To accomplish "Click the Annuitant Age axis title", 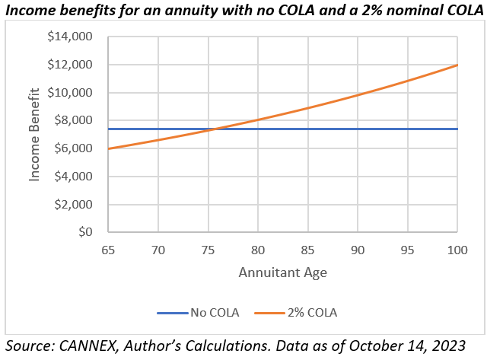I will [x=282, y=272].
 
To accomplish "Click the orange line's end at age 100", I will [x=457, y=65].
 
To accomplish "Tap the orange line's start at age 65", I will [x=108, y=148].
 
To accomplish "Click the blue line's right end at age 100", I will [x=457, y=129].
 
